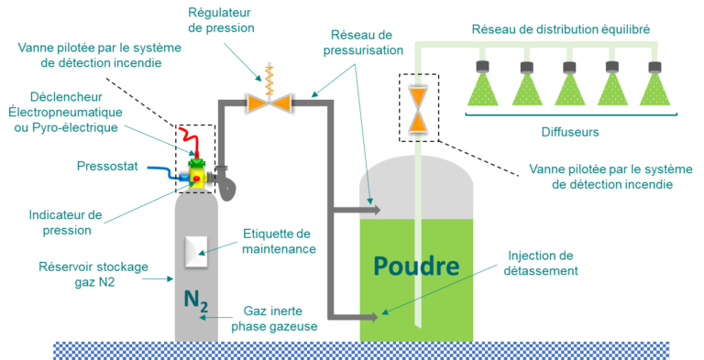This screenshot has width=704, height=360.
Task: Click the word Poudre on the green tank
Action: pyautogui.click(x=415, y=267)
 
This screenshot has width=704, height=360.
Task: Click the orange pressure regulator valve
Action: pyautogui.click(x=269, y=103)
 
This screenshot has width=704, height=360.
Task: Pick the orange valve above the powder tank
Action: pyautogui.click(x=418, y=109)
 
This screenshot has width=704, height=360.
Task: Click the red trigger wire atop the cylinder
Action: pyautogui.click(x=191, y=139)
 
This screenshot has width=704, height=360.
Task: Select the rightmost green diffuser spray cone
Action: pyautogui.click(x=654, y=89)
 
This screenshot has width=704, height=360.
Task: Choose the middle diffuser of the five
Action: pyautogui.click(x=568, y=89)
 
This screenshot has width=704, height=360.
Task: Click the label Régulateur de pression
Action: pyautogui.click(x=220, y=19)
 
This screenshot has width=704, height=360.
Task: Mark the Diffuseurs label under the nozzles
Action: pyautogui.click(x=568, y=131)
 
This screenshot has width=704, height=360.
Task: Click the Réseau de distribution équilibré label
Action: pyautogui.click(x=561, y=29)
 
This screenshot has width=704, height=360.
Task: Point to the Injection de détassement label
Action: pyautogui.click(x=541, y=263)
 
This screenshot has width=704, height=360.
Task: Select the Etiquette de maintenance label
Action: pyautogui.click(x=279, y=241)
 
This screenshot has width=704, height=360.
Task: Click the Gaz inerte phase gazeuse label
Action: pyautogui.click(x=280, y=318)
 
